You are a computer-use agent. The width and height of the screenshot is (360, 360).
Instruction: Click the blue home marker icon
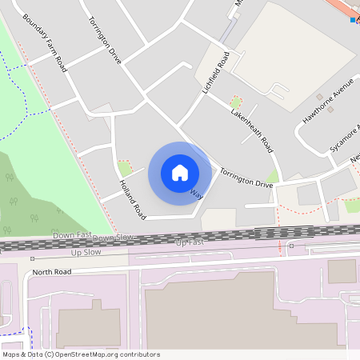[180, 172]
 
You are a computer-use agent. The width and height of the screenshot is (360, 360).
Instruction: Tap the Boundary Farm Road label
[44, 43]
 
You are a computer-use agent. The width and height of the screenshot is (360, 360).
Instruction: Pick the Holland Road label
[133, 200]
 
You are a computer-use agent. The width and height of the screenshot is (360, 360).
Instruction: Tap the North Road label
[52, 272]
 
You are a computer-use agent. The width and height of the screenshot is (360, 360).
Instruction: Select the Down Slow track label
[113, 238]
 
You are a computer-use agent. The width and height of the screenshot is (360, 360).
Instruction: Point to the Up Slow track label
[87, 252]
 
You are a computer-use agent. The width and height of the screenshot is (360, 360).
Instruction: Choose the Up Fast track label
[190, 242]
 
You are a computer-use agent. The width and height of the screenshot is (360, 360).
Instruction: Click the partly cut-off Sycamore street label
[346, 138]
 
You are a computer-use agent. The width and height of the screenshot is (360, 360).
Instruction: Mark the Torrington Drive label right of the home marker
[246, 178]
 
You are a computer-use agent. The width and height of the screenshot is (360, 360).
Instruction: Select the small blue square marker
[353, 19]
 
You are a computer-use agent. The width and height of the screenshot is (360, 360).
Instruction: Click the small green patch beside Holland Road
[125, 168]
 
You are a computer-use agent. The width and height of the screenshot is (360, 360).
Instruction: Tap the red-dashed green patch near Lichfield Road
[235, 102]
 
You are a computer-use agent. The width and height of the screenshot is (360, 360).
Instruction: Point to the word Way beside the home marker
[197, 193]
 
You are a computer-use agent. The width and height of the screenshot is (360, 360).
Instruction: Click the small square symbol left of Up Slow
[32, 258]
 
